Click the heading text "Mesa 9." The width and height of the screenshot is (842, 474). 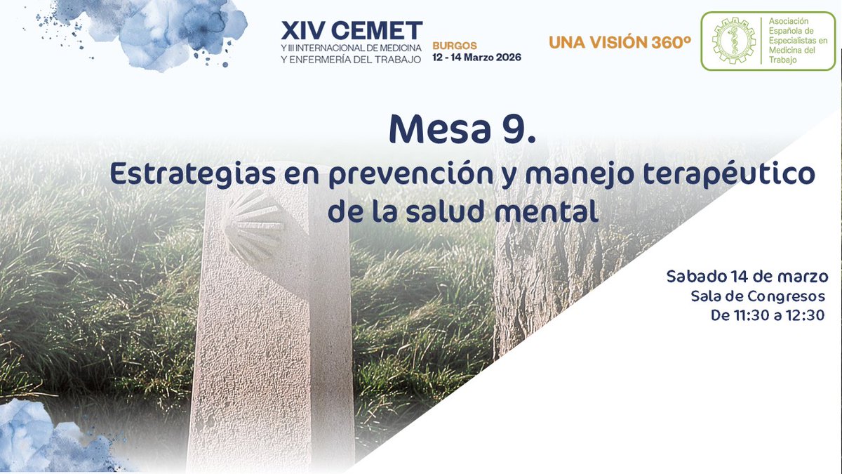[x=462, y=129]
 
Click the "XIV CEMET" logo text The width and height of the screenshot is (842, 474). [x=352, y=31]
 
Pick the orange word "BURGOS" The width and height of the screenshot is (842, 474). [x=454, y=46]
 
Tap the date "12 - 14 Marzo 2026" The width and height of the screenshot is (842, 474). [x=476, y=58]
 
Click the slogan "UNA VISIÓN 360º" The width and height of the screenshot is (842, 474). [x=620, y=42]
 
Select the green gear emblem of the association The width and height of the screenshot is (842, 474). [x=733, y=41]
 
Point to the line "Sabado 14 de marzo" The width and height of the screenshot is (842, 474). [x=747, y=276]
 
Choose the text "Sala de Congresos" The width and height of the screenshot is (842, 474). [x=757, y=296]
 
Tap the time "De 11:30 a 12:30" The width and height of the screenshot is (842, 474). [x=767, y=315]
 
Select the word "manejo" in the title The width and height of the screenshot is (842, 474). [x=562, y=175]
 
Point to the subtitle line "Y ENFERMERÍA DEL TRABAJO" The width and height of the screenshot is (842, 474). [x=351, y=60]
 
